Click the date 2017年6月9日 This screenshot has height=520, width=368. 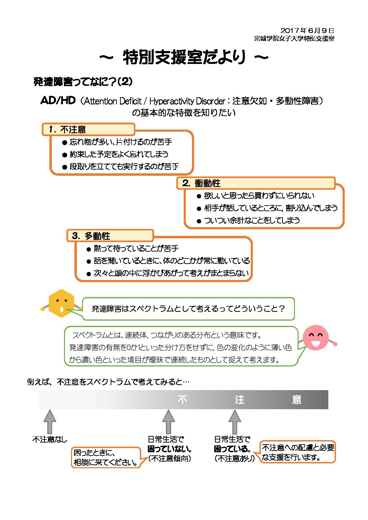[307, 31]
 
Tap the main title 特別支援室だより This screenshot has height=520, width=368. [184, 57]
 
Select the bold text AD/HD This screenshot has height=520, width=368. [58, 100]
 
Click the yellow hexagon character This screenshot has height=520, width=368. [61, 303]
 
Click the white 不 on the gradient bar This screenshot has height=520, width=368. [182, 400]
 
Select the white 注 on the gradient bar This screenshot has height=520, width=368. [239, 400]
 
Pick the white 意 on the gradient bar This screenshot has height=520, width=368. [297, 400]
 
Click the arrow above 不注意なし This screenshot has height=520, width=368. [50, 422]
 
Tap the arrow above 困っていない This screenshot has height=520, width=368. [168, 422]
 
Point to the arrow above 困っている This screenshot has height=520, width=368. [234, 422]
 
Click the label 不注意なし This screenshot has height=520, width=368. [50, 439]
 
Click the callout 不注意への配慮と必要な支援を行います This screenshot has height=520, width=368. [297, 452]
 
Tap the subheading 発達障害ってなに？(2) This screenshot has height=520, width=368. [83, 82]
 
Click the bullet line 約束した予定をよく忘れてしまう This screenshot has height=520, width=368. [119, 154]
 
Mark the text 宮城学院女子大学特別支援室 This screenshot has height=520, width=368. [294, 39]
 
